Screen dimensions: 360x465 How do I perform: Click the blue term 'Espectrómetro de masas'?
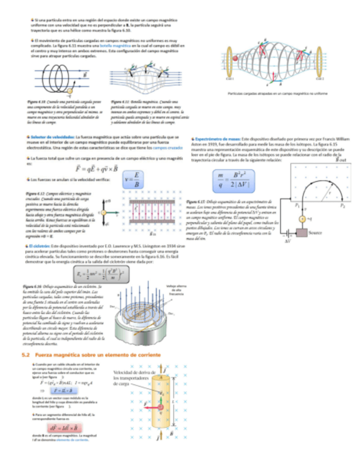point(216,140)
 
